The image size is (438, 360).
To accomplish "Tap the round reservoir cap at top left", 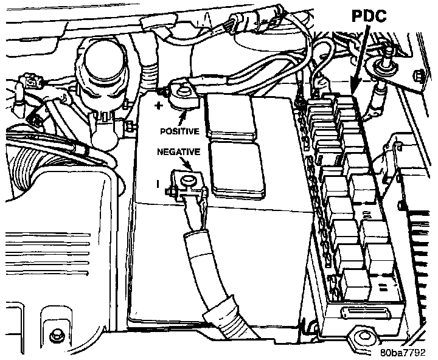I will click(103, 64).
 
